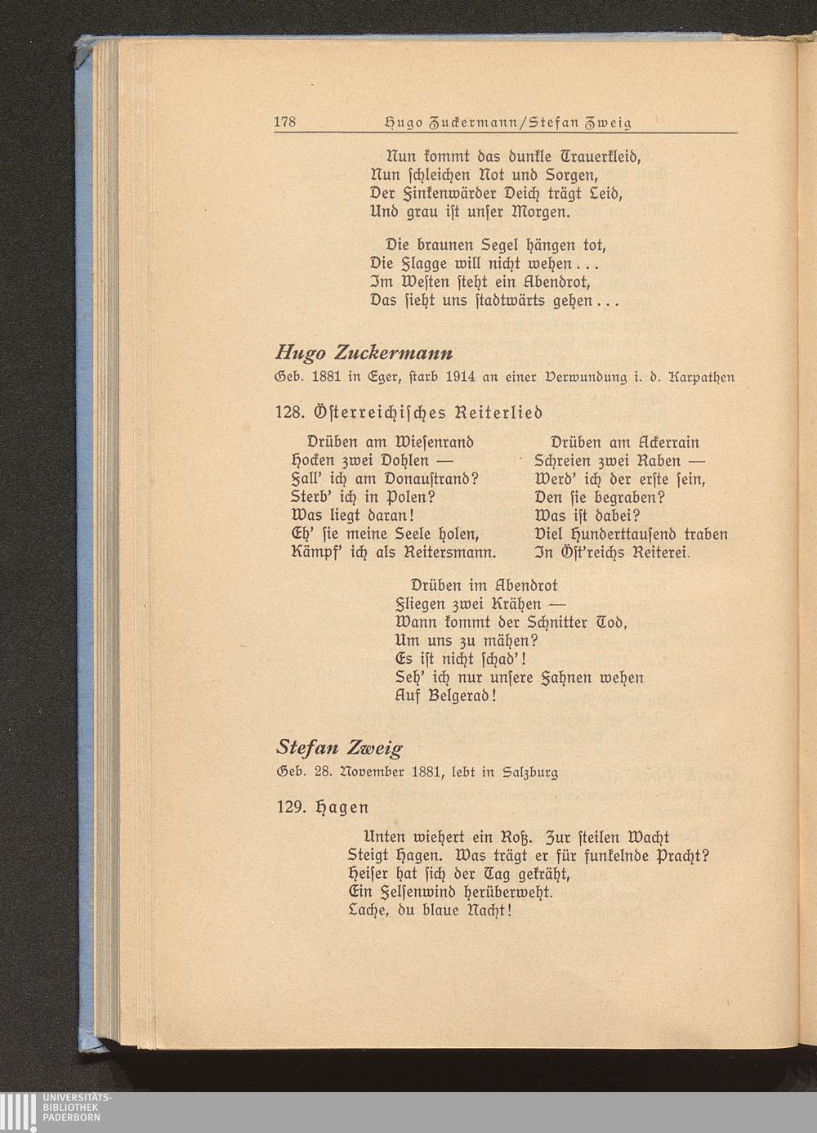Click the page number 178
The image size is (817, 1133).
click(x=284, y=123)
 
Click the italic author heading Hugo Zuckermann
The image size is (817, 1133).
click(x=364, y=352)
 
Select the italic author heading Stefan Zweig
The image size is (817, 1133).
click(x=339, y=747)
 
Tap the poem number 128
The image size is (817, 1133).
click(x=291, y=410)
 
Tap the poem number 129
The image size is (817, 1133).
click(x=291, y=806)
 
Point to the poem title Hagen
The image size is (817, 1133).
click(x=342, y=807)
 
